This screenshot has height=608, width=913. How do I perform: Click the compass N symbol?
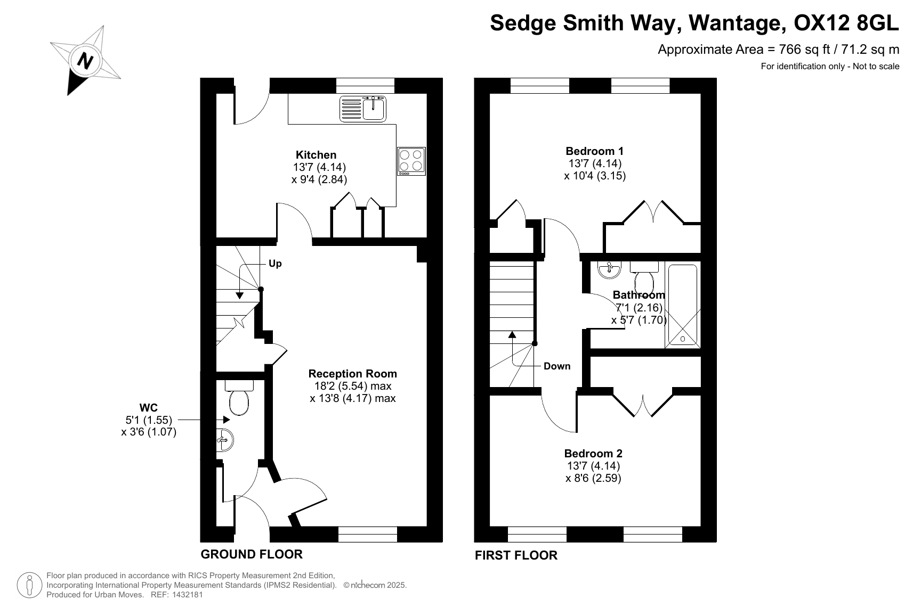tap(85, 61)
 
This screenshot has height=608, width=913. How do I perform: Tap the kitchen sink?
tap(363, 109)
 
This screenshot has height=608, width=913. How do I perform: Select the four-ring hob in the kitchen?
tap(411, 161)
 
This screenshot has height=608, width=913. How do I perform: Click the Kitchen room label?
tap(316, 155)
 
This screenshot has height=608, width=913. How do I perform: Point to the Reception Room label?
tap(352, 373)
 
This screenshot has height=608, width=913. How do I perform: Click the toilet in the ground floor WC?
tap(239, 398)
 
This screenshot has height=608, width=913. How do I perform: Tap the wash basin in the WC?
tap(225, 440)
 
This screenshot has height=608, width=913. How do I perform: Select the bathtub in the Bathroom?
tap(683, 305)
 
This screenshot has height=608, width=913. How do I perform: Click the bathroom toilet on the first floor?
tap(644, 277)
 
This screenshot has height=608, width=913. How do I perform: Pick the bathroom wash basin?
tap(609, 269)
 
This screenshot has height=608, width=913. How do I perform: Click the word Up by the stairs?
tap(275, 264)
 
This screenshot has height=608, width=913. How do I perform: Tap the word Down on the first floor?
tap(557, 366)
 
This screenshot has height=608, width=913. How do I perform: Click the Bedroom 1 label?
tap(595, 151)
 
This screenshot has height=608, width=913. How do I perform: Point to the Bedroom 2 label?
tap(593, 453)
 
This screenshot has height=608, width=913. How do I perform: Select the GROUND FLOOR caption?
tap(252, 554)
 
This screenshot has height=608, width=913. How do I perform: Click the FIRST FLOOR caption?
tap(516, 555)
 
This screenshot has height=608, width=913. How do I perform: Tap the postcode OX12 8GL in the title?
tap(846, 23)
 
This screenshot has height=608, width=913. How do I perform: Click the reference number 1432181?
tap(188, 595)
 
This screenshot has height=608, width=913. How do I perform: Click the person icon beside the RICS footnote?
tap(29, 585)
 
